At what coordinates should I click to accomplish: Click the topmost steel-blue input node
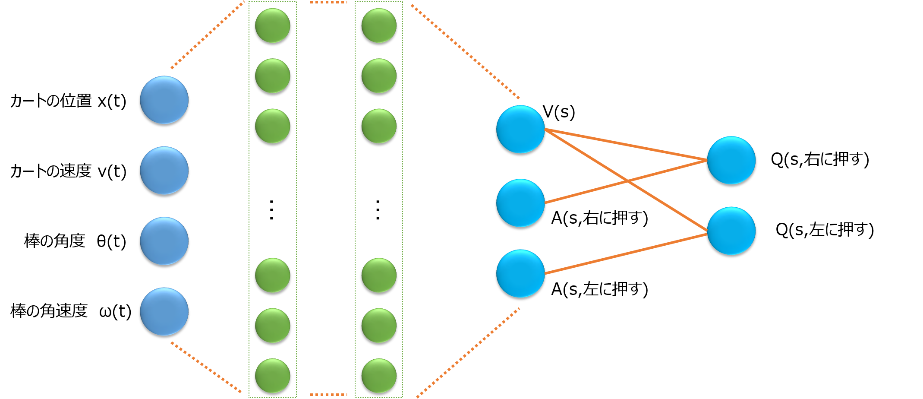(x=164, y=100)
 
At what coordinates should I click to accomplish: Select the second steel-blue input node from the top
(x=164, y=170)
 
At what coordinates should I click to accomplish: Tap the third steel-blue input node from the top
(x=164, y=241)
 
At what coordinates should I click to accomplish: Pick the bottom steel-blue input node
(x=164, y=311)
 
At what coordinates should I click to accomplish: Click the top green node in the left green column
(x=272, y=25)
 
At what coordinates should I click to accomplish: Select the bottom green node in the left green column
(x=272, y=375)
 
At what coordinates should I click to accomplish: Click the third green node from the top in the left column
(x=272, y=126)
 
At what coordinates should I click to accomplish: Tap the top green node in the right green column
(x=379, y=25)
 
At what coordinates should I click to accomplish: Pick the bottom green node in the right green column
(x=379, y=375)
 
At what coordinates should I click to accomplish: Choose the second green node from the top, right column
(x=379, y=76)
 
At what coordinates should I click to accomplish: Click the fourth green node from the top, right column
(x=379, y=275)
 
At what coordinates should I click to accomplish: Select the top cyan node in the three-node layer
(x=520, y=129)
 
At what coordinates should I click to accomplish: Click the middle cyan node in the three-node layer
(x=520, y=203)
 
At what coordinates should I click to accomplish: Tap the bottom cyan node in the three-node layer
(x=520, y=273)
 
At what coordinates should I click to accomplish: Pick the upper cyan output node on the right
(x=731, y=160)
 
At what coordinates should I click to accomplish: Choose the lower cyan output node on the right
(x=731, y=231)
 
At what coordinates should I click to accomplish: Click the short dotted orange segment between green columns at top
(x=328, y=2)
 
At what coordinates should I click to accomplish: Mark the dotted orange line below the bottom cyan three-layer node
(x=468, y=352)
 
